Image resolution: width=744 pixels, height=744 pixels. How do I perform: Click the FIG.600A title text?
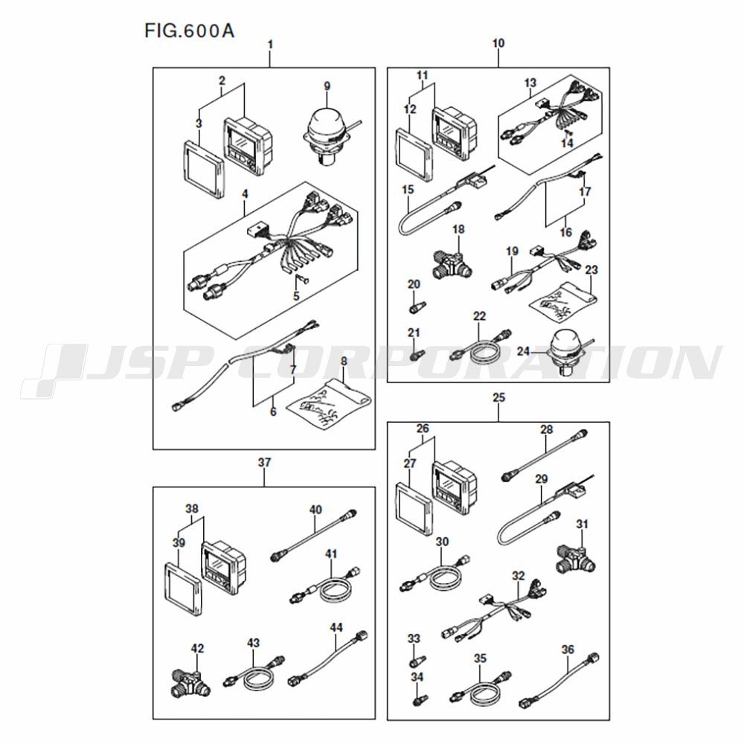click(x=189, y=31)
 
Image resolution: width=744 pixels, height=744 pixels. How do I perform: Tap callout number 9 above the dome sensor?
click(x=327, y=86)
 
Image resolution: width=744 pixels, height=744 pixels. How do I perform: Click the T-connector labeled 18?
click(x=452, y=264)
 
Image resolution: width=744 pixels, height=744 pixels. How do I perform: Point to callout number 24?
click(x=523, y=351)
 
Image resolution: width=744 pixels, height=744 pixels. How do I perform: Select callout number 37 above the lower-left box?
click(x=264, y=462)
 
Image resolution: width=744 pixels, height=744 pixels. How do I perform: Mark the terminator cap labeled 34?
click(x=419, y=699)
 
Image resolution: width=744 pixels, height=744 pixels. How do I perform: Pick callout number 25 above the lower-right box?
click(x=498, y=397)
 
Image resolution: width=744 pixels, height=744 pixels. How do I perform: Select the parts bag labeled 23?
click(x=563, y=301)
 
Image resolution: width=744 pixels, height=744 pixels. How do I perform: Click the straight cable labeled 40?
click(x=313, y=536)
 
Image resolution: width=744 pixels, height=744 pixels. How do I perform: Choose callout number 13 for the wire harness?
click(x=530, y=83)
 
